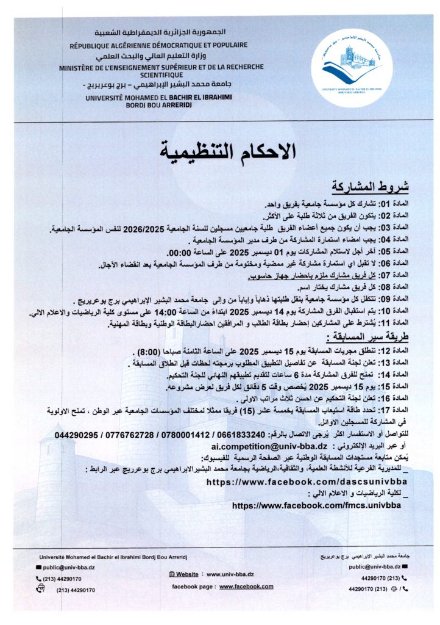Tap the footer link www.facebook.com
[246, 586]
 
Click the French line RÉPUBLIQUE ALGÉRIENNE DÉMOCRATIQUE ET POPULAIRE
[158, 45]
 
